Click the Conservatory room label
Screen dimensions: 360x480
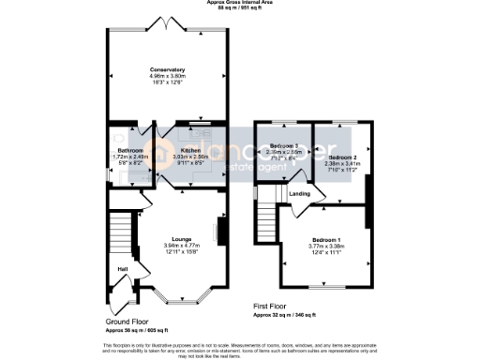(x=167, y=69)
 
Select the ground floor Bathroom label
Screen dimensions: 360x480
(x=129, y=150)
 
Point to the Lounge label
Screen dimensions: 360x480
(x=180, y=238)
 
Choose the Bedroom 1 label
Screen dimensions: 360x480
(x=326, y=240)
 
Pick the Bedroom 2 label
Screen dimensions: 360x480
(x=342, y=157)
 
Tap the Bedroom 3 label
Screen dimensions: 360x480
(x=283, y=146)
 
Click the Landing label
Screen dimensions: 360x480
(x=299, y=194)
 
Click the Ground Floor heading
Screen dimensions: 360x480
(x=125, y=321)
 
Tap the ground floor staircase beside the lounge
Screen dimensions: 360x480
(x=119, y=234)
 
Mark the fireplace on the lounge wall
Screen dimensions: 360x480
(x=220, y=231)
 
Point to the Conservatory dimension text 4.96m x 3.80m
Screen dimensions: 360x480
(x=167, y=77)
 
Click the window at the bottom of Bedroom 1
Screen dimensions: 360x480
(x=325, y=286)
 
